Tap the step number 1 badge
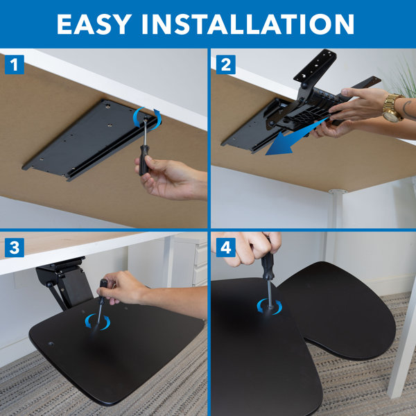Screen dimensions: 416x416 pos(15,65)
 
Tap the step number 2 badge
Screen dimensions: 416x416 pos(225,65)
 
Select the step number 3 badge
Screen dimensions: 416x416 pos(15,248)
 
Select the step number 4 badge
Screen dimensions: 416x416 pos(225,248)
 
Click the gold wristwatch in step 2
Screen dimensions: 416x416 pos(392,107)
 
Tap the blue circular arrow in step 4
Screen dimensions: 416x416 pos(266,305)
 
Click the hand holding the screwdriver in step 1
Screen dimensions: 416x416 pos(166,179)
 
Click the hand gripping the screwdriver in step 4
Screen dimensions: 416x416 pos(257,246)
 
